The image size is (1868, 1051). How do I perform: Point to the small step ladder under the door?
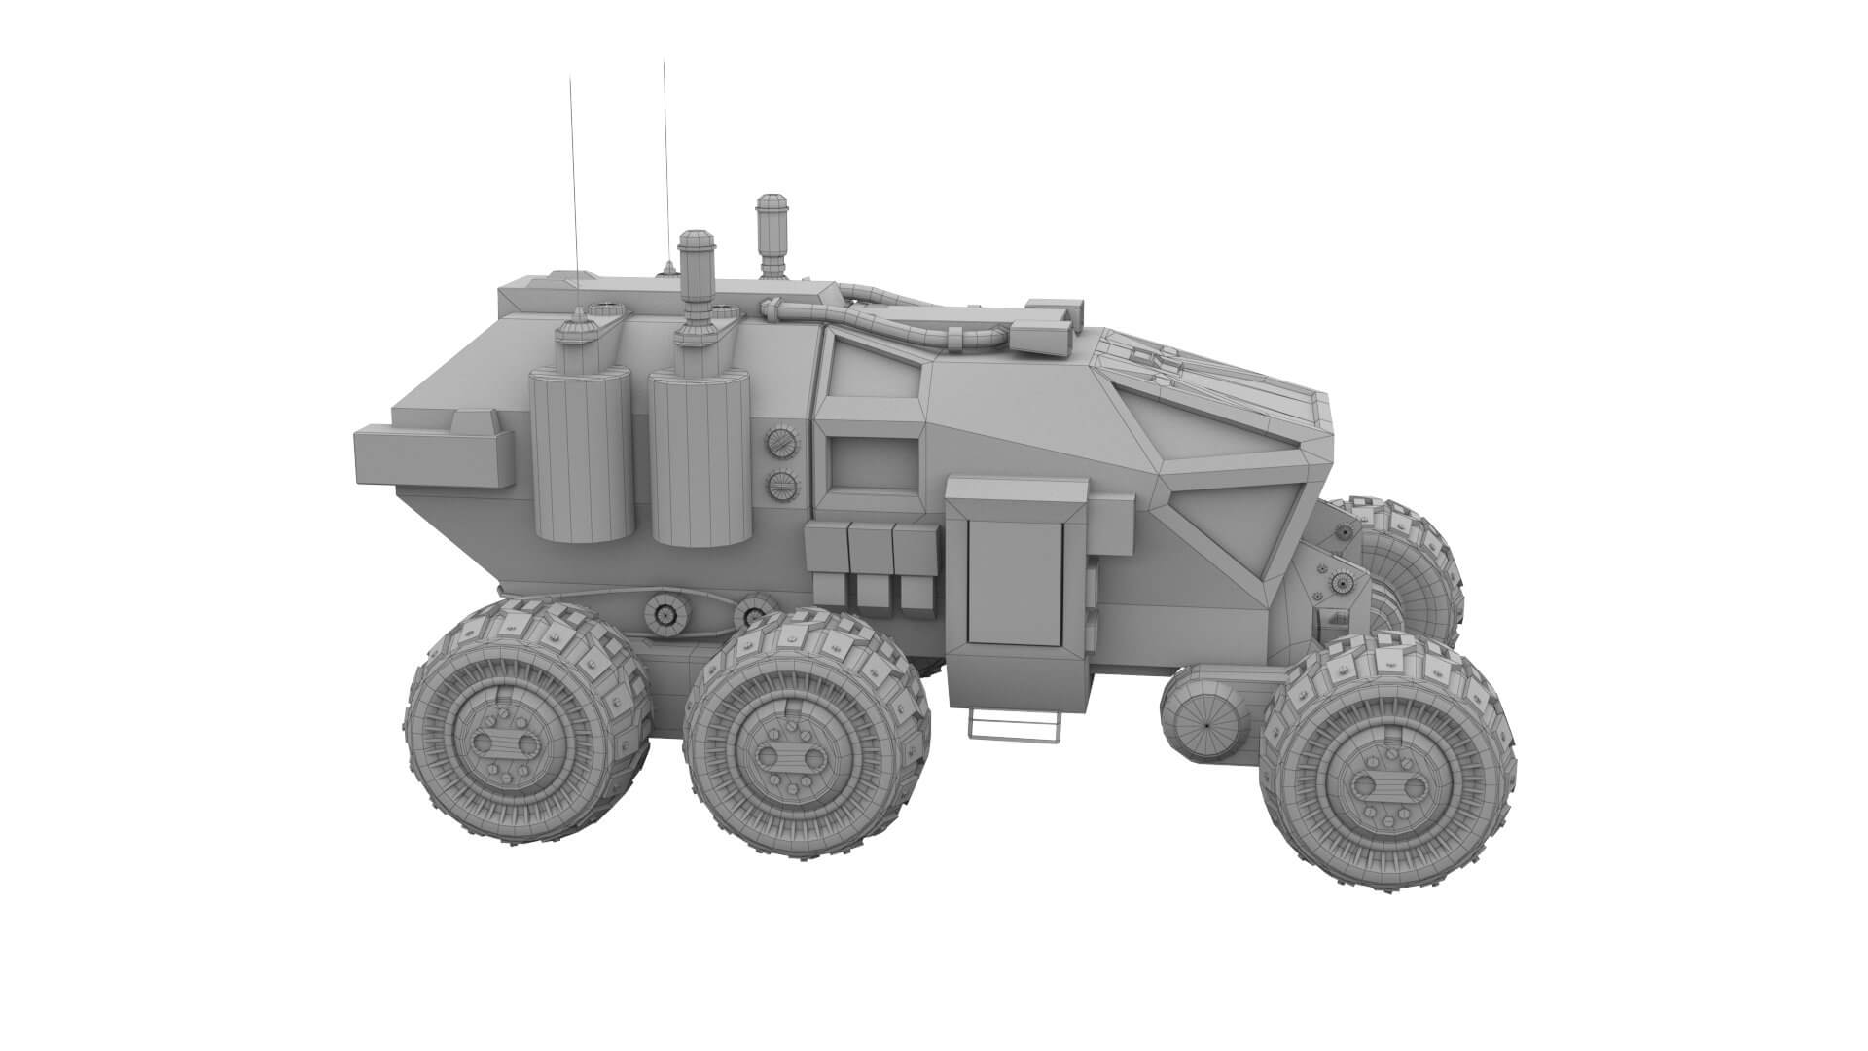[x=1012, y=726]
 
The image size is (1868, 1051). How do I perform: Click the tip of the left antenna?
[x=571, y=77]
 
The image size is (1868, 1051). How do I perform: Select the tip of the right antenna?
[x=664, y=63]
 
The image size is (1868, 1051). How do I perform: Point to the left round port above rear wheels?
[x=665, y=614]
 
